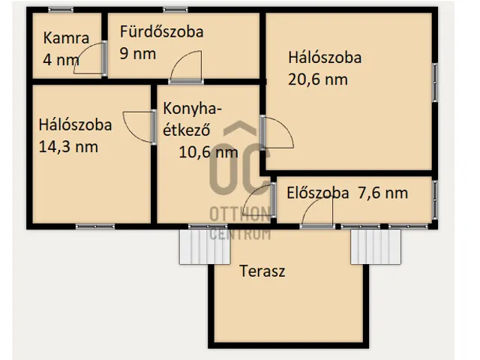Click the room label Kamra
(67, 38)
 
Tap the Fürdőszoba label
(161, 32)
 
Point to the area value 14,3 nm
(68, 147)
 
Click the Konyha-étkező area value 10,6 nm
(208, 152)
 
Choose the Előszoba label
(318, 193)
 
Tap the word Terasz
(262, 271)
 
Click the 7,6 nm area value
(382, 193)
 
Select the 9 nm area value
(138, 53)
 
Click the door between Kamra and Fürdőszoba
(96, 58)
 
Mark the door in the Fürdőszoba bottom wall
(186, 67)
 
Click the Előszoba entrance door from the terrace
(316, 214)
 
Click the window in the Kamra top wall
(60, 10)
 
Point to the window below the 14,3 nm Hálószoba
(95, 226)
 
